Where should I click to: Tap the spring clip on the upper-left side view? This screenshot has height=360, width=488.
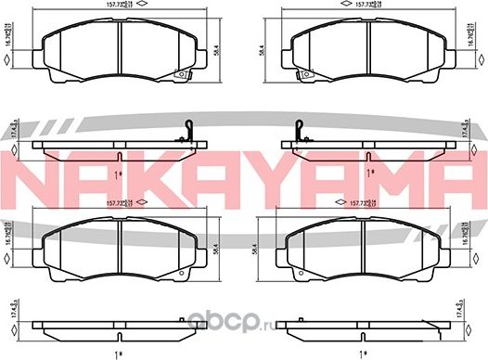pyautogui.click(x=189, y=127)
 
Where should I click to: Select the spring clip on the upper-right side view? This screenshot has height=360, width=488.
pyautogui.click(x=300, y=127)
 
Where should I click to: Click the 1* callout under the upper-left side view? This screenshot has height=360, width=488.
pyautogui.click(x=118, y=172)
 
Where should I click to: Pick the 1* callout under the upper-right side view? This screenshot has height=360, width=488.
pyautogui.click(x=370, y=172)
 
